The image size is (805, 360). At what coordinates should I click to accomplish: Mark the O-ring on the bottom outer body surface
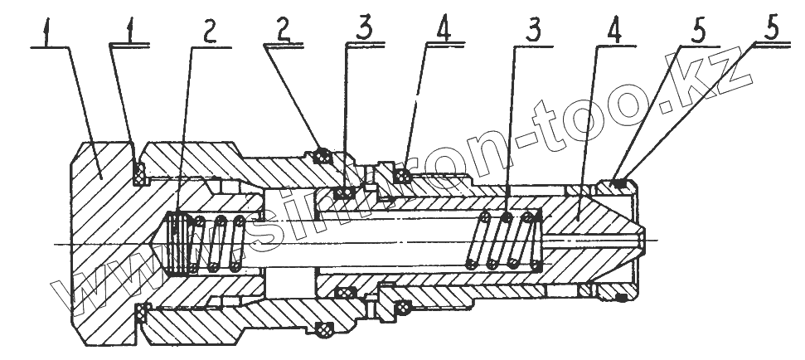(324, 329)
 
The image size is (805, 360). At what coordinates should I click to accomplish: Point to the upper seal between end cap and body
(138, 172)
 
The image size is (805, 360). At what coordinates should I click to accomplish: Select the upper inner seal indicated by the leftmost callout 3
(345, 193)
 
